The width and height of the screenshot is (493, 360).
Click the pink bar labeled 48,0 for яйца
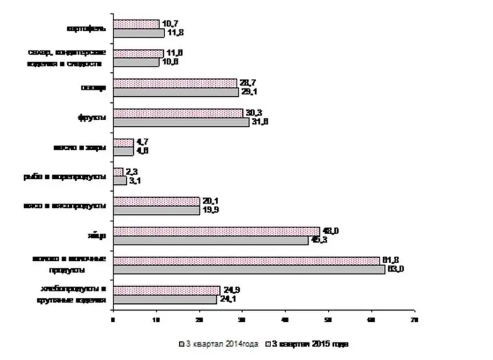217,231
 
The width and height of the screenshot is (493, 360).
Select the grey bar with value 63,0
249,269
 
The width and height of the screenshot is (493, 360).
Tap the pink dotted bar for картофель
137,24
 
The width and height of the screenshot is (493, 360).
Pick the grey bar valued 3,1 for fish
120,181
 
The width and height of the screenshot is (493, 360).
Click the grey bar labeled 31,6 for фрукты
182,122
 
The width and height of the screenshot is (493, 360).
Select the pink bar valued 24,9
166,290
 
